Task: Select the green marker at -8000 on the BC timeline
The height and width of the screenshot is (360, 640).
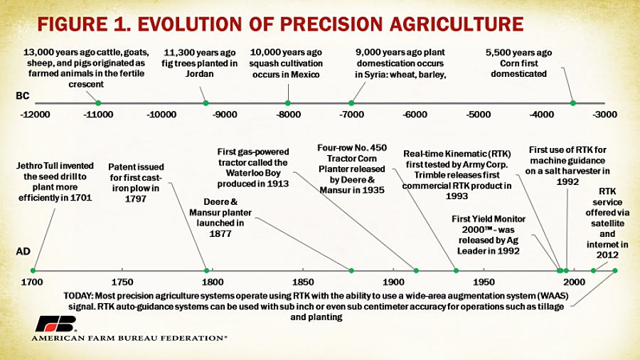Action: tap(288, 103)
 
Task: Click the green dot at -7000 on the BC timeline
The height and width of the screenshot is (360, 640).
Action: tap(351, 103)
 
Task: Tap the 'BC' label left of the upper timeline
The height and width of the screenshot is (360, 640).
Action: tap(23, 95)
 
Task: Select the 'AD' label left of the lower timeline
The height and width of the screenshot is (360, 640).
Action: tap(23, 252)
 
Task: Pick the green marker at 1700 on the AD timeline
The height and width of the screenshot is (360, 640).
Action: tap(33, 270)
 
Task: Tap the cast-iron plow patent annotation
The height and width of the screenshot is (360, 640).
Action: tap(139, 182)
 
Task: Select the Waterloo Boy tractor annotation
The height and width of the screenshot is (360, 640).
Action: tap(254, 166)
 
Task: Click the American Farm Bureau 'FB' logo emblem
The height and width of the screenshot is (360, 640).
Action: tap(55, 323)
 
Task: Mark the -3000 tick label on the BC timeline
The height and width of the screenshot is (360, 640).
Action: tap(605, 115)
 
